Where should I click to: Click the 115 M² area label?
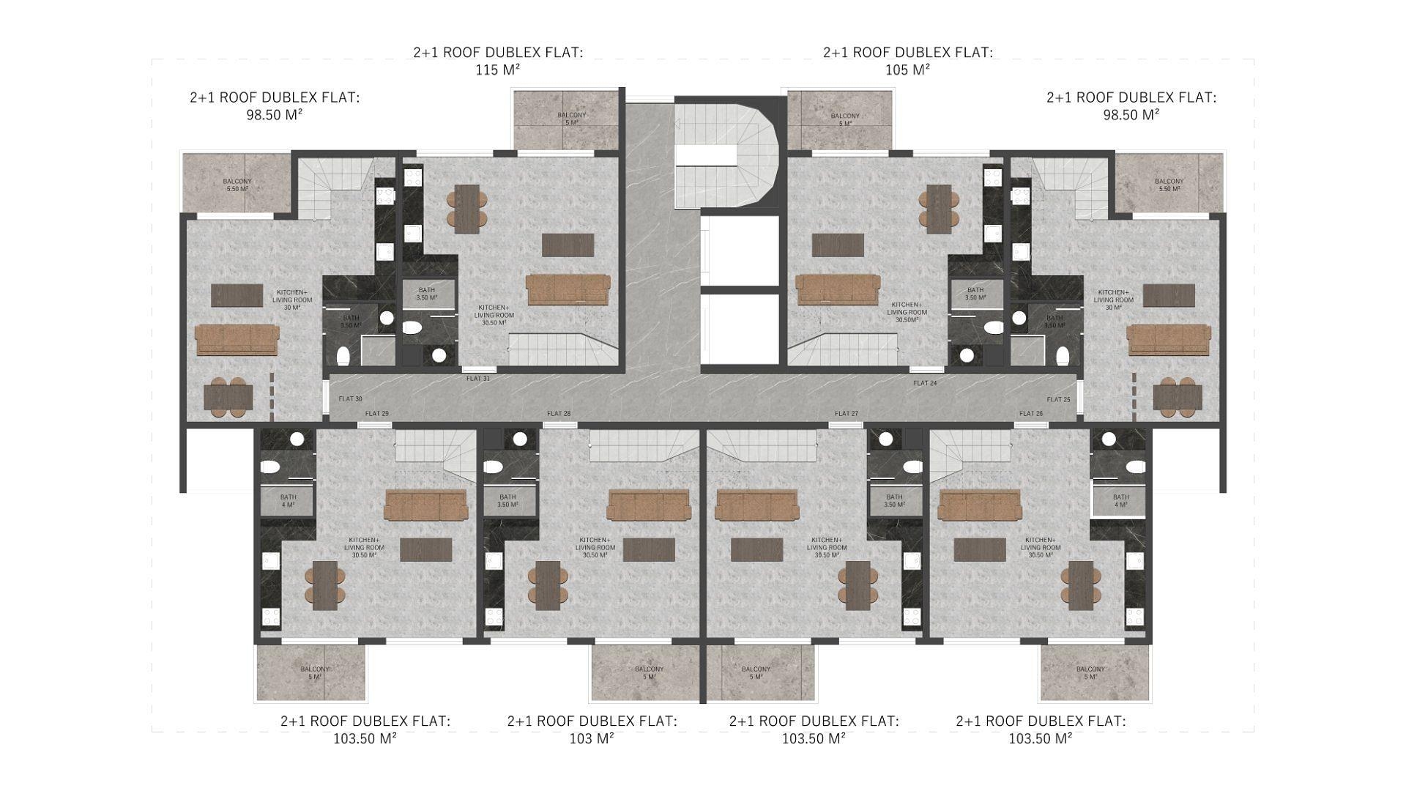pos(498,70)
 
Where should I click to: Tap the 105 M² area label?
pos(907,70)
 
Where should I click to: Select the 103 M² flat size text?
pos(592,738)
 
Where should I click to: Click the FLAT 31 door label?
pos(478,379)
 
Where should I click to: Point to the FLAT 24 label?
pos(925,383)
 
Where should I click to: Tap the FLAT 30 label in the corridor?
pos(350,399)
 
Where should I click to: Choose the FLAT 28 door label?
pos(559,414)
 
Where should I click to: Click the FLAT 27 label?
pos(847,414)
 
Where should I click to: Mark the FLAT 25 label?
pos(1058,399)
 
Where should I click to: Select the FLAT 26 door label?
pos(1031,414)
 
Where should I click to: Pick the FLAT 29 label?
pos(377,414)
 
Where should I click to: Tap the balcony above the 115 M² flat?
pos(568,119)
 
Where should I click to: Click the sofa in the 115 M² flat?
pos(568,289)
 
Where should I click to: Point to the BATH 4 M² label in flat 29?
pos(288,501)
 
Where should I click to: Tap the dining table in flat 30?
pos(228,398)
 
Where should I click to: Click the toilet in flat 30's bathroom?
pos(343,356)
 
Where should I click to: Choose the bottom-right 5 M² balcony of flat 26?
pos(1091,672)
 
